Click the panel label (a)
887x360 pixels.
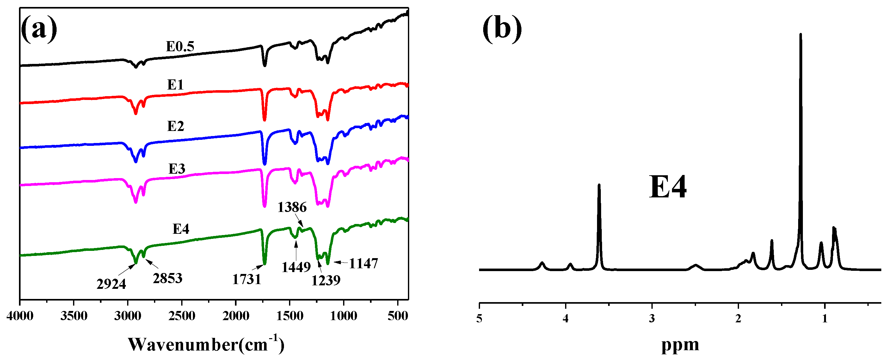click(x=39, y=30)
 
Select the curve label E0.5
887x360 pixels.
click(x=180, y=47)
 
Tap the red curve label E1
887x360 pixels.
click(x=175, y=85)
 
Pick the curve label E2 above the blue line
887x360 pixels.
click(x=176, y=126)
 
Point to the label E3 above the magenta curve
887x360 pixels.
click(x=177, y=169)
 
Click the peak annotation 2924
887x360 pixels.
click(x=111, y=284)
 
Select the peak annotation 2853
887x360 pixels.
click(x=167, y=278)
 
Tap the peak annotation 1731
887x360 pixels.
click(x=247, y=279)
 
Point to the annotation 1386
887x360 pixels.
click(x=292, y=208)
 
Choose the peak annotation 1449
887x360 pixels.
click(x=296, y=267)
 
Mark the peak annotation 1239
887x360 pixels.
click(x=326, y=280)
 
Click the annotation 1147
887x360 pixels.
click(x=363, y=264)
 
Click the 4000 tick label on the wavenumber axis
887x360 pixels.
click(x=20, y=316)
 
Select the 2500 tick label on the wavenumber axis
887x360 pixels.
click(x=182, y=316)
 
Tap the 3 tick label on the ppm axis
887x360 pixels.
click(x=651, y=319)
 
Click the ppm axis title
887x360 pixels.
click(x=680, y=345)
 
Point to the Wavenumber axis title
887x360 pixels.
click(x=206, y=344)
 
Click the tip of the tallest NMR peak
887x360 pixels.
click(x=800, y=34)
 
